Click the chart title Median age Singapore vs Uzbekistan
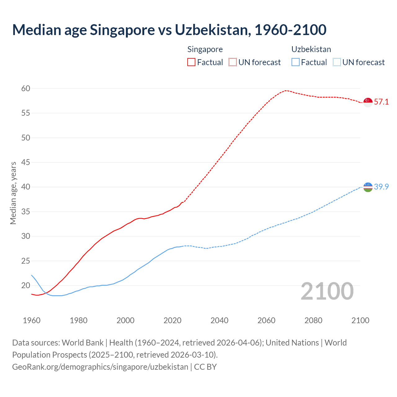[x=169, y=30]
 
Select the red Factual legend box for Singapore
[x=191, y=62]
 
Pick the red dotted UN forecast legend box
[x=233, y=62]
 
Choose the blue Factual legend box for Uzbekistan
[x=296, y=62]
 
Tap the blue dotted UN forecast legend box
[x=337, y=62]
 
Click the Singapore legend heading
[x=205, y=49]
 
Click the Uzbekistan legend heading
[x=311, y=49]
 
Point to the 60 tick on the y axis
[x=26, y=89]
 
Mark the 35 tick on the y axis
[x=26, y=212]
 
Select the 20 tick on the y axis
[x=26, y=286]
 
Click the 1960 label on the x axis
[x=32, y=320]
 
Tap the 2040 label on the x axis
[x=219, y=320]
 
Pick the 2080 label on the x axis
[x=313, y=320]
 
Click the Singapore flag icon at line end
[x=368, y=102]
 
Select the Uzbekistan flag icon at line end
[x=368, y=187]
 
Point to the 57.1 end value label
[x=381, y=102]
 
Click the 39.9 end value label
[x=381, y=187]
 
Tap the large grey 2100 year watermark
[x=327, y=291]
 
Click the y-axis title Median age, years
[x=13, y=193]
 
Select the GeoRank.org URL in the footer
[x=100, y=367]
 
